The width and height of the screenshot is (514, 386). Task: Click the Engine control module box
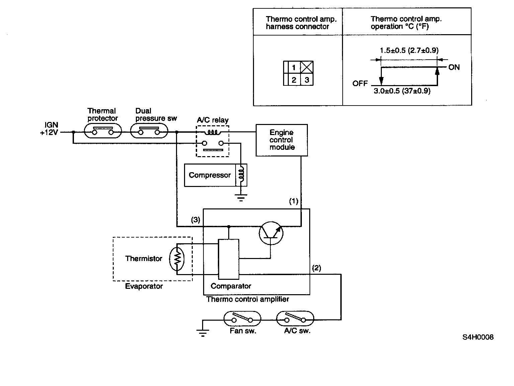click(281, 140)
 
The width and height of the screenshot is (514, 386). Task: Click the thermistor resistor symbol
click(177, 258)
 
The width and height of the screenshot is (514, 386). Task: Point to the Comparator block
click(229, 259)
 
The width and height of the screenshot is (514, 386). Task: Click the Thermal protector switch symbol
click(103, 132)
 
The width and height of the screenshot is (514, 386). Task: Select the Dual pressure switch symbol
click(149, 132)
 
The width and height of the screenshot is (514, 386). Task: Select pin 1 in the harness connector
click(294, 67)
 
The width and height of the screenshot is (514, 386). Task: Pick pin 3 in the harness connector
click(307, 80)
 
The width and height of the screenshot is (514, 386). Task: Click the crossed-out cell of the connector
click(307, 67)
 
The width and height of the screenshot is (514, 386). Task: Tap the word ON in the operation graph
click(454, 67)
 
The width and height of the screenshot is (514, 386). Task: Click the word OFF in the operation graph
click(360, 83)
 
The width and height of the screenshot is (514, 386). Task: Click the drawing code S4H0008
click(478, 337)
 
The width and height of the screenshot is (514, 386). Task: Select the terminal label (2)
click(317, 268)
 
